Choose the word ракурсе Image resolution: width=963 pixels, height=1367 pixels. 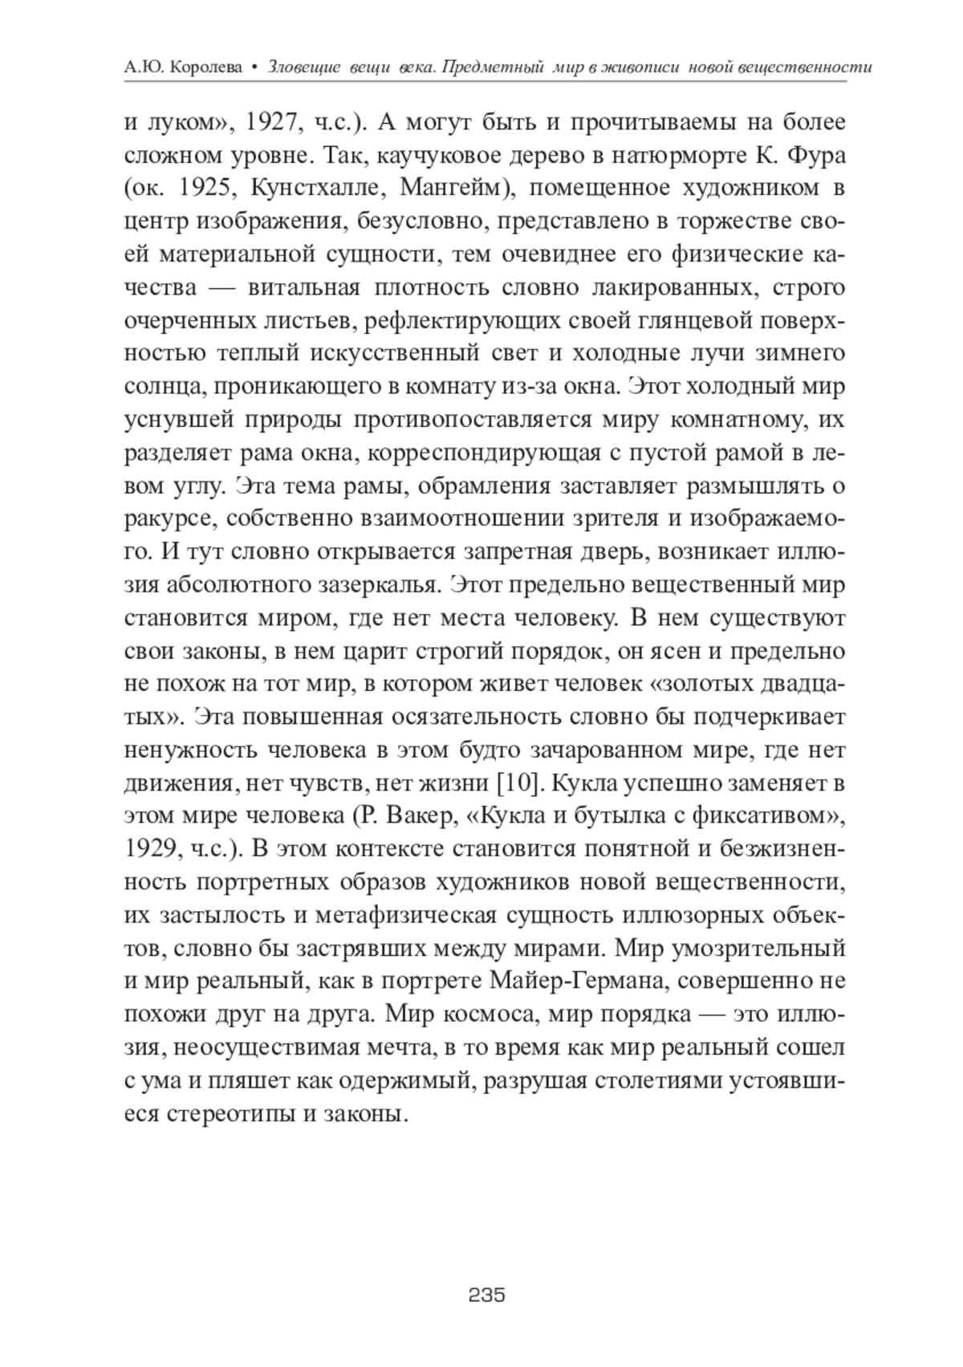point(169,519)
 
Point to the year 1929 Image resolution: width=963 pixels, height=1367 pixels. point(152,848)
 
